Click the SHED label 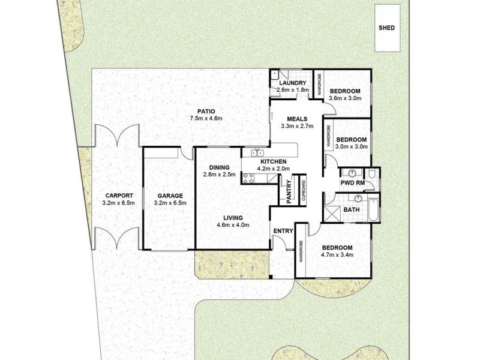(x=387, y=28)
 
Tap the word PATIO (x=206, y=110)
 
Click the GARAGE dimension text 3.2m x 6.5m (x=170, y=203)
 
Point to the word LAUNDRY (x=292, y=83)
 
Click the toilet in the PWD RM (x=373, y=175)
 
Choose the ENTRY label (x=282, y=231)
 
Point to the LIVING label (x=233, y=217)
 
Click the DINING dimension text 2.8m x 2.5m (x=217, y=175)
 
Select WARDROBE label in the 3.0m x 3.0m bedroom (x=329, y=136)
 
